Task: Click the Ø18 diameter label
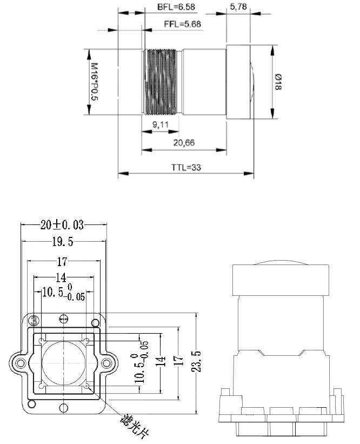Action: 278,82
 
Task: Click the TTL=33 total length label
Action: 186,168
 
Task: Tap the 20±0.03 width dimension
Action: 63,224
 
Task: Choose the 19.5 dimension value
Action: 63,242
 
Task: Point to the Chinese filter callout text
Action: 133,425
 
